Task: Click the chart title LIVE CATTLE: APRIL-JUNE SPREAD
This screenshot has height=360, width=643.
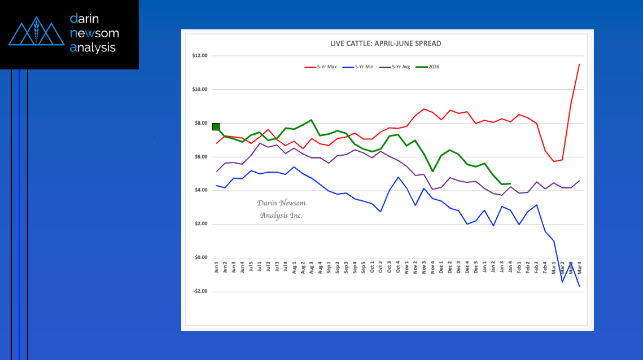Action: pyautogui.click(x=386, y=43)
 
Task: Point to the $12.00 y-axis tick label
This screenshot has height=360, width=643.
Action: pyautogui.click(x=200, y=55)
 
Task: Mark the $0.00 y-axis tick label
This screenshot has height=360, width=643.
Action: pyautogui.click(x=201, y=258)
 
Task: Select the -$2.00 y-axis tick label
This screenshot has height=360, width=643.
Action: pyautogui.click(x=200, y=291)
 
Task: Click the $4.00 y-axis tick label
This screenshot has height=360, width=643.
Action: pyautogui.click(x=201, y=190)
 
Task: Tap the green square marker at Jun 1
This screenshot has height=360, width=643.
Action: pyautogui.click(x=216, y=126)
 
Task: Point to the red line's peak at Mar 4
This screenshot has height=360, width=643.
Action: pyautogui.click(x=579, y=64)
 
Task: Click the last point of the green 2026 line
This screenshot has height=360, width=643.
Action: pyautogui.click(x=510, y=183)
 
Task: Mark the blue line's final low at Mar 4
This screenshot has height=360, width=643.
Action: pyautogui.click(x=579, y=286)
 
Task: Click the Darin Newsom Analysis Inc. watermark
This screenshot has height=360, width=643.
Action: pyautogui.click(x=281, y=209)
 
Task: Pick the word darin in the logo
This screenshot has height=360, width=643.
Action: pyautogui.click(x=84, y=19)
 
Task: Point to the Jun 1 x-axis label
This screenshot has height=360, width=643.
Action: pyautogui.click(x=216, y=266)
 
